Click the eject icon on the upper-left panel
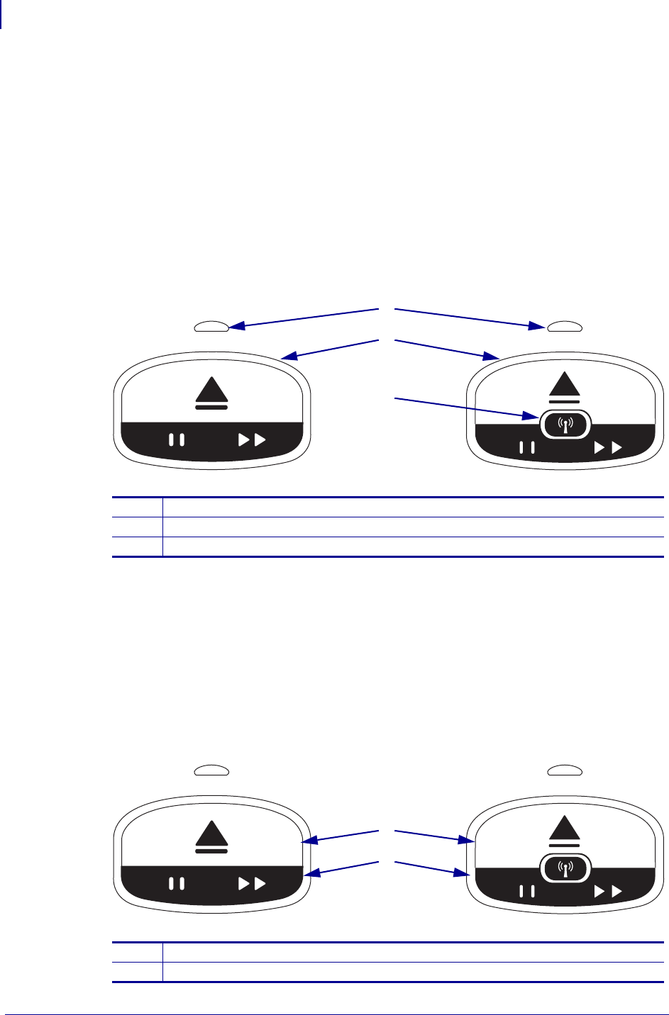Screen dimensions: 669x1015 (211, 395)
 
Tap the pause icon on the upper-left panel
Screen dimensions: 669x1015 (177, 440)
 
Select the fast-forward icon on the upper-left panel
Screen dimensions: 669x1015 (252, 440)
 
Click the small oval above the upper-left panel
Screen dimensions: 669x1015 (211, 326)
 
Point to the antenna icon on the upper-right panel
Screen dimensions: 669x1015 (565, 424)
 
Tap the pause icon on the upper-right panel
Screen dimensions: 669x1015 (527, 448)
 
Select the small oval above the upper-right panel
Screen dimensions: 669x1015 (565, 326)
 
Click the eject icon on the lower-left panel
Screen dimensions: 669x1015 (211, 837)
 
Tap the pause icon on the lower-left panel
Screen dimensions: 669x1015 (177, 883)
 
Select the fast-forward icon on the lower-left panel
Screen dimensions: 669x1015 (252, 883)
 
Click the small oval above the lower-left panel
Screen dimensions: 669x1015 (211, 770)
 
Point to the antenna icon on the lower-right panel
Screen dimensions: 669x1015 (565, 867)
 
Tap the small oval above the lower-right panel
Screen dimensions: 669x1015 (565, 770)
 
